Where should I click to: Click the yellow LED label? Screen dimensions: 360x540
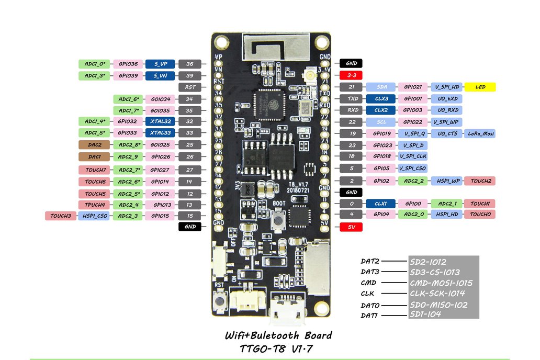point(480,87)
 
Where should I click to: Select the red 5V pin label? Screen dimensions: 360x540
point(351,227)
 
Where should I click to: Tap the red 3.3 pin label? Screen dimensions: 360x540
point(351,75)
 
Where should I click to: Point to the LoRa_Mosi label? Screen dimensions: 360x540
point(480,133)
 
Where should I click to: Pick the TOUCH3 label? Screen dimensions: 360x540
point(61,216)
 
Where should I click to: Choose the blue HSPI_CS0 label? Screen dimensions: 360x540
point(94,216)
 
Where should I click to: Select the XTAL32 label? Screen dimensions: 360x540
point(161,121)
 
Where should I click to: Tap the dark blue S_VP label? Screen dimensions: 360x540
point(161,64)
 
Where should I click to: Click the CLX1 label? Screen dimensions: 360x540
point(381,204)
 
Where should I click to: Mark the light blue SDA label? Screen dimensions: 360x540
point(381,87)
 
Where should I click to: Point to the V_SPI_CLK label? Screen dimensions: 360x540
point(413,156)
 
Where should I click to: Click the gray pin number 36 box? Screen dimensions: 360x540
point(190,64)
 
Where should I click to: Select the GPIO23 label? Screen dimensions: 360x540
point(381,145)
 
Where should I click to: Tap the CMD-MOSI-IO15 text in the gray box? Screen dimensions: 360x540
point(441,283)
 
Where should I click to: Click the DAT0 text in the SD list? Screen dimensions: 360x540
point(369,305)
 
